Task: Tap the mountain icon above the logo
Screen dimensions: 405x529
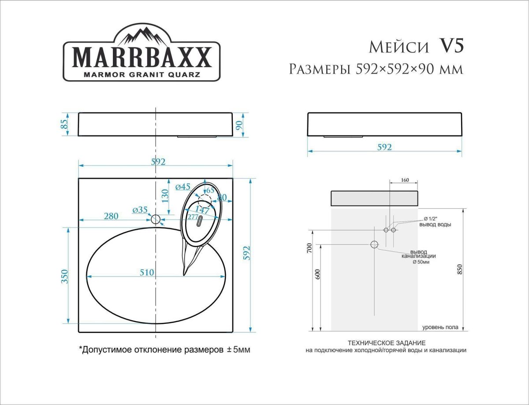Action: (x=141, y=34)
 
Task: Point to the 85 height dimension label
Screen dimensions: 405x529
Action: (x=65, y=124)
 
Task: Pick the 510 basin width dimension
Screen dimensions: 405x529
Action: (x=147, y=273)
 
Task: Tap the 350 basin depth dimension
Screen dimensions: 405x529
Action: (x=65, y=276)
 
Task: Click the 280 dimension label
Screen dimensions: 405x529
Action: (x=111, y=216)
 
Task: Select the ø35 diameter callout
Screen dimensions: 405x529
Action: (x=140, y=210)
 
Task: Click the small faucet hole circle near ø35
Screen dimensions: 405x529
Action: (x=156, y=219)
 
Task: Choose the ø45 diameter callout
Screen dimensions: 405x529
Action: (x=183, y=187)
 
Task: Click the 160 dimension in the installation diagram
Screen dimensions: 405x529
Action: (x=405, y=180)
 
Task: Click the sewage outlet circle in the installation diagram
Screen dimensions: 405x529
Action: (x=374, y=244)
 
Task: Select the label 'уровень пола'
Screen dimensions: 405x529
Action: (x=440, y=327)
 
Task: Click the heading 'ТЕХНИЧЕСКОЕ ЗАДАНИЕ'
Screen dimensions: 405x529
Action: (x=386, y=343)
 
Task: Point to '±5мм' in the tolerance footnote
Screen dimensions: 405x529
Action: (x=238, y=350)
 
